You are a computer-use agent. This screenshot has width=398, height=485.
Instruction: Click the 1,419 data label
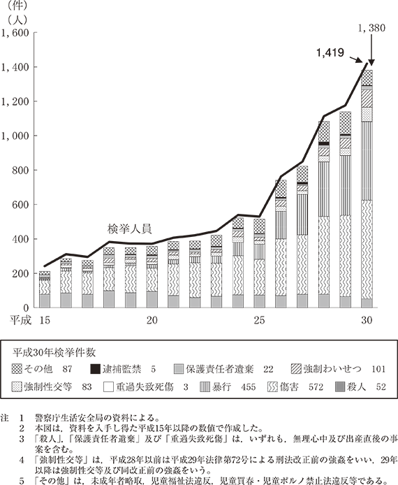pyautogui.click(x=330, y=53)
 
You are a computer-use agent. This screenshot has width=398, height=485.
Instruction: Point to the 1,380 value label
pyautogui.click(x=371, y=28)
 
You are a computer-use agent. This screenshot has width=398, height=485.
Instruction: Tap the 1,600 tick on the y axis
pyautogui.click(x=15, y=32)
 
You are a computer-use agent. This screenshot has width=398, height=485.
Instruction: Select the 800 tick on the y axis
pyautogui.click(x=21, y=170)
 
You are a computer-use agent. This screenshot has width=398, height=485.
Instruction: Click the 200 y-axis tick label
pyautogui.click(x=21, y=273)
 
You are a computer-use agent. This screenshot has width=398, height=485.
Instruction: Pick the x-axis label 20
pyautogui.click(x=152, y=320)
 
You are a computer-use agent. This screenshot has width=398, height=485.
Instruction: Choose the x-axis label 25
pyautogui.click(x=259, y=320)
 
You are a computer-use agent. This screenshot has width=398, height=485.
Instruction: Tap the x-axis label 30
pyautogui.click(x=367, y=320)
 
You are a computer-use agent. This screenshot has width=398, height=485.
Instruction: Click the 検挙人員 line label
pyautogui.click(x=129, y=229)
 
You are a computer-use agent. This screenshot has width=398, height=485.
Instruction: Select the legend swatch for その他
pyautogui.click(x=17, y=369)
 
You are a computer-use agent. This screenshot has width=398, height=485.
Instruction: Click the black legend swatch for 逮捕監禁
pyautogui.click(x=96, y=369)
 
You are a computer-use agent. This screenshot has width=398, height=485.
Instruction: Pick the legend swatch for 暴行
pyautogui.click(x=205, y=386)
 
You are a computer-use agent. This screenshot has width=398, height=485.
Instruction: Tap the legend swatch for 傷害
pyautogui.click(x=272, y=386)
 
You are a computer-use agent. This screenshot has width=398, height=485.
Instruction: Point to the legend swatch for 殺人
pyautogui.click(x=340, y=386)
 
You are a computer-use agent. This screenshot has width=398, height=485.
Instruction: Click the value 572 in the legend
pyautogui.click(x=316, y=387)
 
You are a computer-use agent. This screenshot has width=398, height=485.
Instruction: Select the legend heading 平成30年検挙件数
pyautogui.click(x=54, y=353)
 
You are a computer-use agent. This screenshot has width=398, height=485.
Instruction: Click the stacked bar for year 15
pyautogui.click(x=45, y=289)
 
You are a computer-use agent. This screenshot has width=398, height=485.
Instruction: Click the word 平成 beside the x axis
pyautogui.click(x=20, y=320)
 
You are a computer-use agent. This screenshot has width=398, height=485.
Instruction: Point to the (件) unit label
pyautogui.click(x=17, y=6)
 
